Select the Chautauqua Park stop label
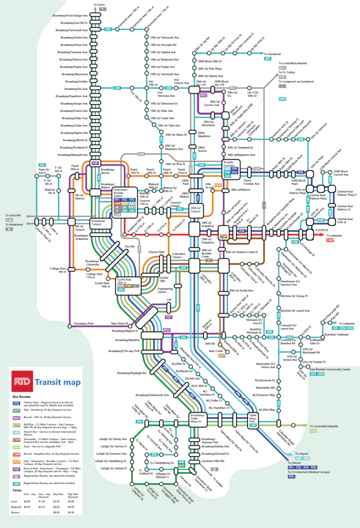pyautogui.click(x=79, y=323)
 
